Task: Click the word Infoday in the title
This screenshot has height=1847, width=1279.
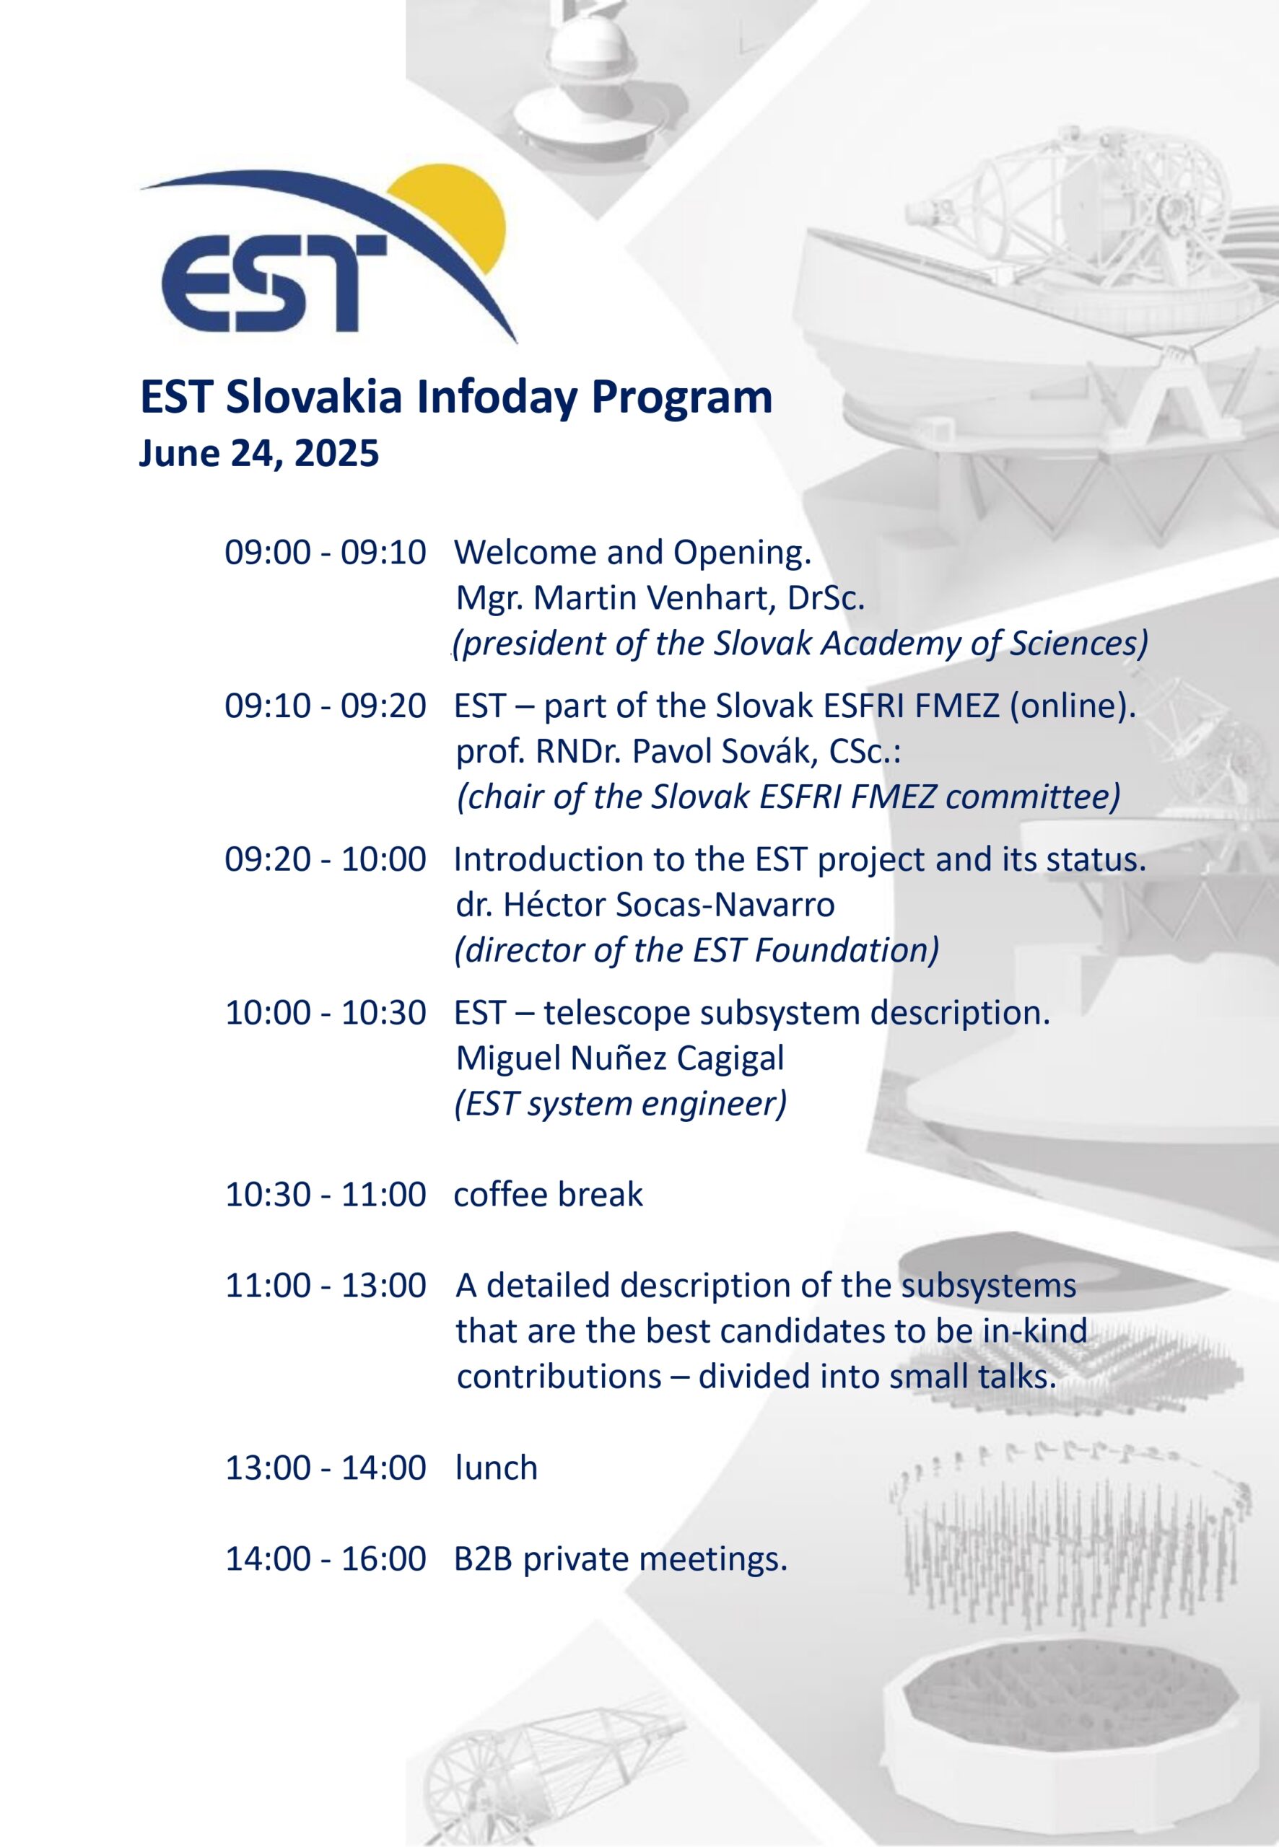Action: click(497, 397)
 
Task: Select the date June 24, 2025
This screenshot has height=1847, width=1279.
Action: click(259, 453)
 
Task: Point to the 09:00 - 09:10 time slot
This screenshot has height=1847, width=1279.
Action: click(326, 553)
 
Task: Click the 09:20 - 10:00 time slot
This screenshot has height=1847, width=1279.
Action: click(326, 859)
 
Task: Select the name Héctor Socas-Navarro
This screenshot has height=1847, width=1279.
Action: click(669, 905)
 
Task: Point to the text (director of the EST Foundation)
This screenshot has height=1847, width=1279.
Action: click(697, 951)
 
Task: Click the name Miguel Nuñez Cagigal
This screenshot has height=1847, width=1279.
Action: click(620, 1058)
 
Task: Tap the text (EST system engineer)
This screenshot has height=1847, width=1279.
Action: click(620, 1104)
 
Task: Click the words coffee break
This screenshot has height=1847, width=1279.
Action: click(548, 1194)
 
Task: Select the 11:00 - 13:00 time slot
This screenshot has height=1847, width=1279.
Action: click(326, 1286)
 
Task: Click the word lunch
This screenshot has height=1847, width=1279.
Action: click(496, 1468)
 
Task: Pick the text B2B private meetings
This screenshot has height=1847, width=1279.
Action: click(621, 1559)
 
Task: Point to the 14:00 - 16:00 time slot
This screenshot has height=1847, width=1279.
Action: click(326, 1559)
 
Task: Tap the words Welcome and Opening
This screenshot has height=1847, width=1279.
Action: click(633, 553)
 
